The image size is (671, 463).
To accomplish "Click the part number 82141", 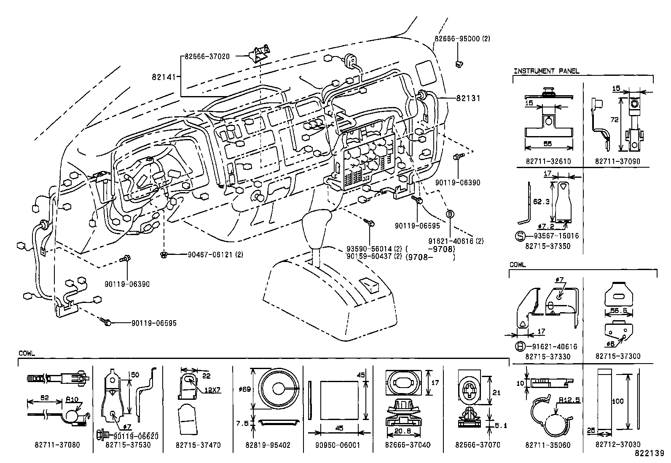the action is point(162,77).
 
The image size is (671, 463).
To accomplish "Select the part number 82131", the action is point(468,98).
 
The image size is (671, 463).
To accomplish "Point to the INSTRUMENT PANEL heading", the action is point(546,71).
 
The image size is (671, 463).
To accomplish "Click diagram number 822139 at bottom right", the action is point(650,454).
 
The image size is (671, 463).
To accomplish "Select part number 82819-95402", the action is point(268,445).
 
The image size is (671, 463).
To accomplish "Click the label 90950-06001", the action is point(338,445).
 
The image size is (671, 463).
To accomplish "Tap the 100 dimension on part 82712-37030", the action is point(618,401).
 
